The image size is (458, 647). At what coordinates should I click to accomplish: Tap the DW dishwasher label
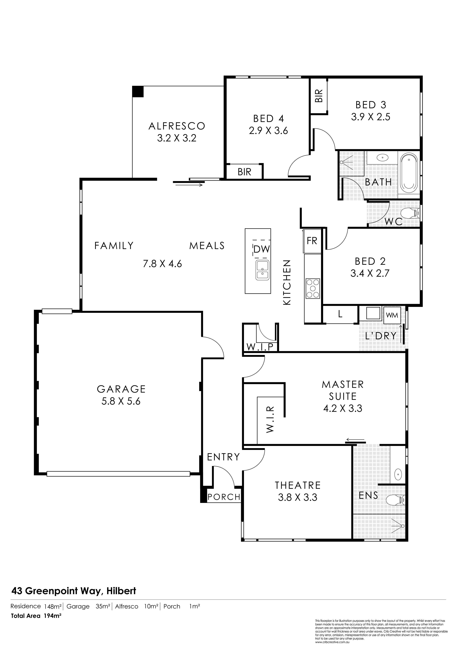(262, 249)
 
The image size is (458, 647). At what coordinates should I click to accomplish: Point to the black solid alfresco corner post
(138, 92)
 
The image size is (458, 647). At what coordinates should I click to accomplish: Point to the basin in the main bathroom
(382, 158)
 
